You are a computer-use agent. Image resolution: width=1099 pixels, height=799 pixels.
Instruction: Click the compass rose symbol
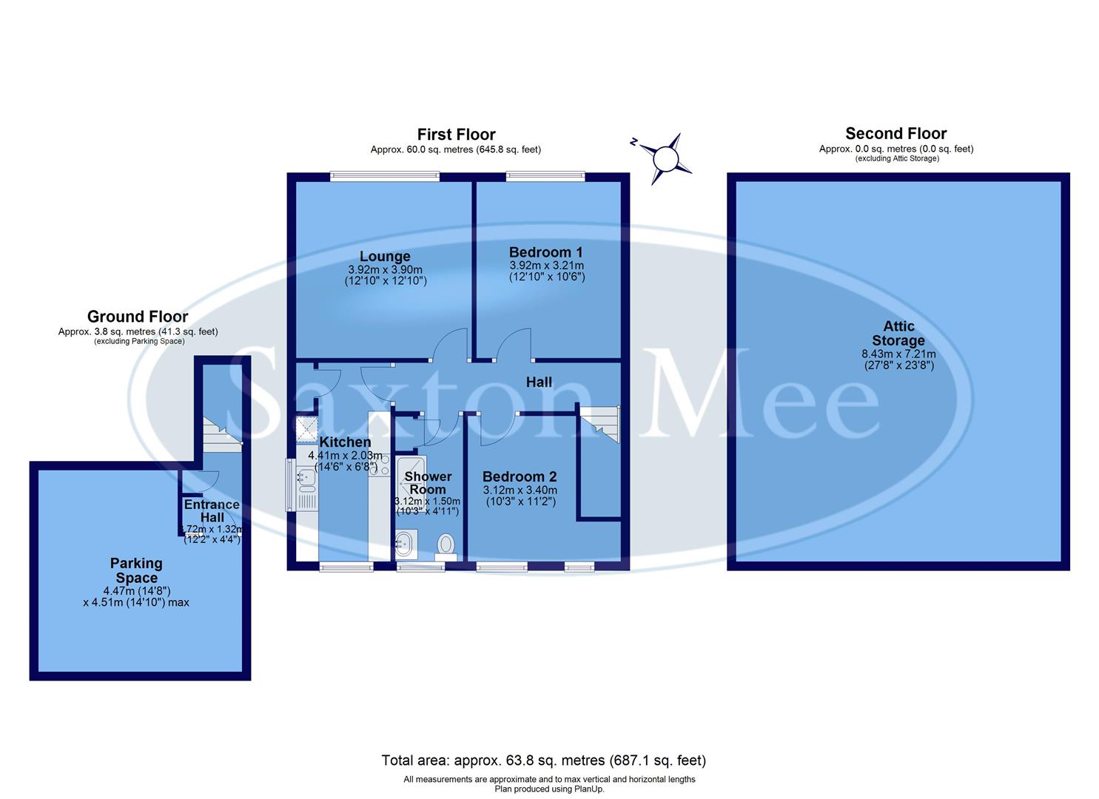point(666,158)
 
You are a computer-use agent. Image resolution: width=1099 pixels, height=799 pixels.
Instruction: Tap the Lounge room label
point(385,256)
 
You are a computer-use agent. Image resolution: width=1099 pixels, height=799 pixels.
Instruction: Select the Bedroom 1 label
point(540,252)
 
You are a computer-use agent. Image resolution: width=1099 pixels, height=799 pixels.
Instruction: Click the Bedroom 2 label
point(519,476)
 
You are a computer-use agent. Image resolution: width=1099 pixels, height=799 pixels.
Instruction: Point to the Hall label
point(539,382)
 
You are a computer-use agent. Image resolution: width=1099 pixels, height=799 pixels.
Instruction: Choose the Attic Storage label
point(898,333)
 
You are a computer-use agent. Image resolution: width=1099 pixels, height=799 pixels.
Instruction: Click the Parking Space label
point(136,570)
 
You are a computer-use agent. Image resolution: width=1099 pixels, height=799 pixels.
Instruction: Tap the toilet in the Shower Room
point(446,545)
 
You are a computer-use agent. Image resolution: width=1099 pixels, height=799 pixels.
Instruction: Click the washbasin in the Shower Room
point(406,544)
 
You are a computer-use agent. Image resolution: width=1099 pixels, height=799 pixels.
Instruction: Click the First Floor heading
point(456,134)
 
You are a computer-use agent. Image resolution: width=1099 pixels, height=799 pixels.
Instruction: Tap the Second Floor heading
point(895,133)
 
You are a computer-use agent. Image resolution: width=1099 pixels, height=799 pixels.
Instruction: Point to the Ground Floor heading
point(138,317)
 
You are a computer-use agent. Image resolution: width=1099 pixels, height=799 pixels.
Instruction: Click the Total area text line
point(543,760)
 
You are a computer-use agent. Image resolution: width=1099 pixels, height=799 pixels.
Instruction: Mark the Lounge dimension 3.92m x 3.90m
point(385,270)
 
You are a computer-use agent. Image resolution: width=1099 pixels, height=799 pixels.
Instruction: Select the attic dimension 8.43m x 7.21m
point(898,354)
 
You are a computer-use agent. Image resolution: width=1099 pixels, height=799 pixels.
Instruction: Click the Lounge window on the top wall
point(385,176)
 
